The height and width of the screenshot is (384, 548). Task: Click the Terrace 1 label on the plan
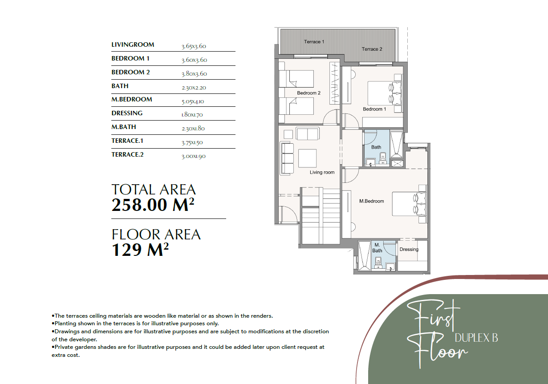click(x=314, y=42)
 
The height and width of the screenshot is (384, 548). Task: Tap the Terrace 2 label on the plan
click(x=372, y=49)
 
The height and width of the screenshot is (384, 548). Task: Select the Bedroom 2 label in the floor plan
click(x=309, y=93)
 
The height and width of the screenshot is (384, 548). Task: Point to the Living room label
click(x=322, y=172)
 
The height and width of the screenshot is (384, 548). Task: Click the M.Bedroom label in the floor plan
click(x=371, y=201)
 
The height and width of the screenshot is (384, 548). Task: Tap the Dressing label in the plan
click(x=409, y=249)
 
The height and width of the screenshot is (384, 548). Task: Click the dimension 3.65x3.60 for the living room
click(x=194, y=46)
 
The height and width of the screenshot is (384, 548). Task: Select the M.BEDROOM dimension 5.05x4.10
click(x=193, y=101)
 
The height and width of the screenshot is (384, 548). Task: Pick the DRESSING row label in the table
click(x=127, y=113)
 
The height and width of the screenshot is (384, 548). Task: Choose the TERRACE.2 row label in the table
click(x=127, y=154)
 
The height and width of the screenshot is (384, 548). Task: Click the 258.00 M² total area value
click(x=153, y=205)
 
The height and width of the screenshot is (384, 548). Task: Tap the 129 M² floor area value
click(x=140, y=250)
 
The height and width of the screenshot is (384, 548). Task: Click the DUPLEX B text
click(x=476, y=338)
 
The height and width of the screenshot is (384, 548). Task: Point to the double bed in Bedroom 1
click(x=385, y=93)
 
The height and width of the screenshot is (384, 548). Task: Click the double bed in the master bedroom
click(x=409, y=204)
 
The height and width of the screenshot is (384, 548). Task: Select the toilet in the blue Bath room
click(x=383, y=158)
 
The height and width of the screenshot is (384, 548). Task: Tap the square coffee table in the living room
click(x=307, y=158)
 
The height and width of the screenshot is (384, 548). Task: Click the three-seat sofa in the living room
click(x=287, y=158)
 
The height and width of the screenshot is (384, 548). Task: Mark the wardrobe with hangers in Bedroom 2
click(x=334, y=83)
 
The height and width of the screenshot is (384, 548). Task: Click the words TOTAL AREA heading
click(x=154, y=190)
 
